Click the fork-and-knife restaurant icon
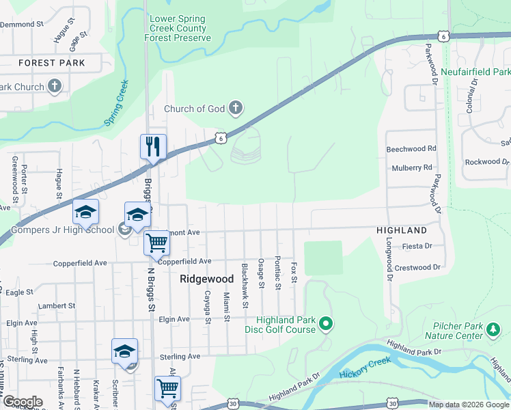tap(154, 147)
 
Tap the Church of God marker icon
tap(235, 108)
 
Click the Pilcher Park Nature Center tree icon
tap(492, 331)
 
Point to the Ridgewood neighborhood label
tap(202, 279)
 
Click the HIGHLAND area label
tap(402, 231)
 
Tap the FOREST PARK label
tap(52, 63)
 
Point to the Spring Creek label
tap(116, 103)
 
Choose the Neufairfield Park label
tap(475, 72)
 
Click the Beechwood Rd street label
tap(411, 148)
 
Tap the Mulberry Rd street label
tap(412, 167)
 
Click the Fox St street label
tap(294, 271)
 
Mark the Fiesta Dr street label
tap(417, 246)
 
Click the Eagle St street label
tap(20, 292)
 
